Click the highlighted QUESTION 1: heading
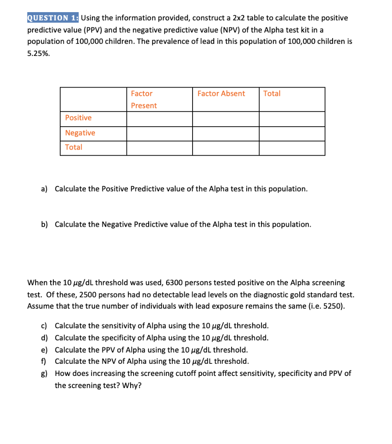53,18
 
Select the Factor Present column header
144,99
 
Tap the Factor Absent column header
221,93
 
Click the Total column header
272,93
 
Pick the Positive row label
78,118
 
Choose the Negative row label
80,133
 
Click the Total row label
74,147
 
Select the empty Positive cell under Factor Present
160,119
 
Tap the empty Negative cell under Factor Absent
225,134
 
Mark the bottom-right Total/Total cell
292,148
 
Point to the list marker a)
44,189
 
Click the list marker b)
44,224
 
